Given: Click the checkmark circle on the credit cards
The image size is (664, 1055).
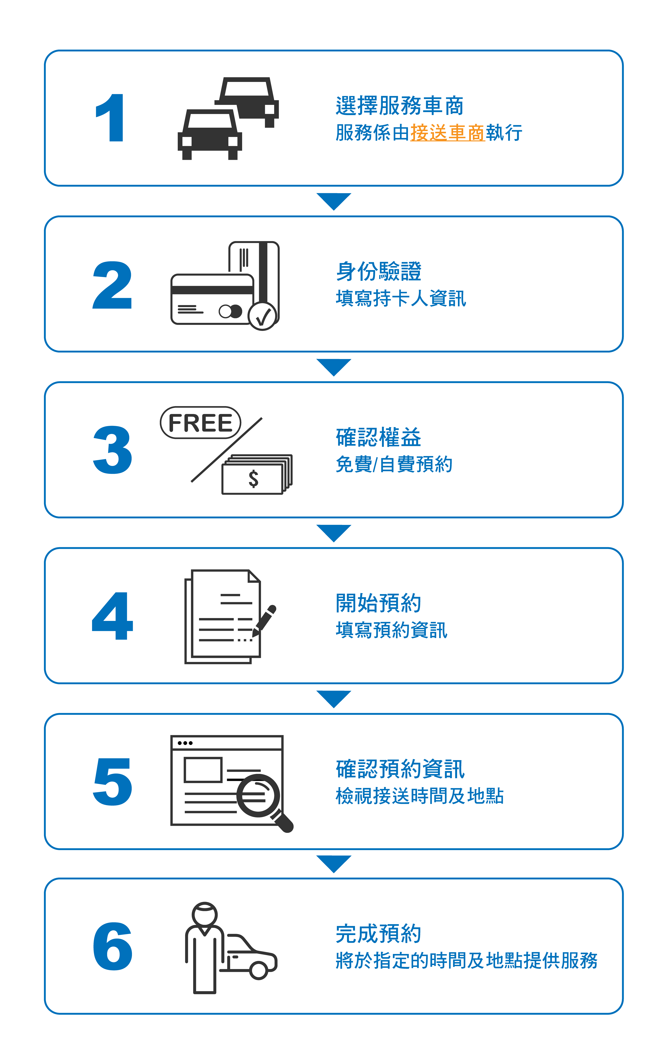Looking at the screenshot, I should click(x=262, y=315).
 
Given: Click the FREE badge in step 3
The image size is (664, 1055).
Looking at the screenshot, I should click(x=200, y=423).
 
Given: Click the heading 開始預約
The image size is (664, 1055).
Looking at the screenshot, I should click(x=378, y=603).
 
